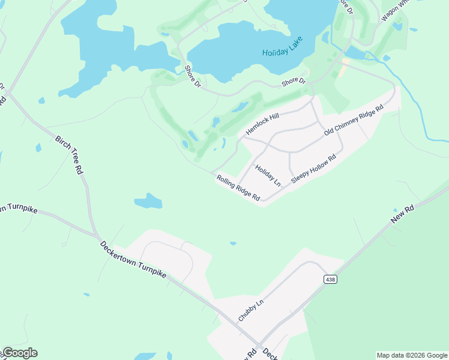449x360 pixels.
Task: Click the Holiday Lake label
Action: click(x=282, y=47)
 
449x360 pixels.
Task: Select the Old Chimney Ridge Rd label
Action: click(x=354, y=120)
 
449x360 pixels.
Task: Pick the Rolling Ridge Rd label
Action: click(x=238, y=188)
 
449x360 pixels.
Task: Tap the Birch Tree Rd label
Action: click(x=69, y=154)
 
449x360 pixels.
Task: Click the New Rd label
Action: click(x=402, y=214)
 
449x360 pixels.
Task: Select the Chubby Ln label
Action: click(x=251, y=311)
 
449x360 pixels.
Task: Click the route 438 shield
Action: click(x=330, y=280)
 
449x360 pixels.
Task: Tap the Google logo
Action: click(x=19, y=353)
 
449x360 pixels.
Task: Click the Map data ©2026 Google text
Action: click(x=412, y=355)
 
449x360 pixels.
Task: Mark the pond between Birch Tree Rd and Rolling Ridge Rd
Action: click(x=148, y=201)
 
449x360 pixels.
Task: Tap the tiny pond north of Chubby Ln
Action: click(x=232, y=244)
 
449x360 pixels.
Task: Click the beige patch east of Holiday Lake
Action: click(x=344, y=68)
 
